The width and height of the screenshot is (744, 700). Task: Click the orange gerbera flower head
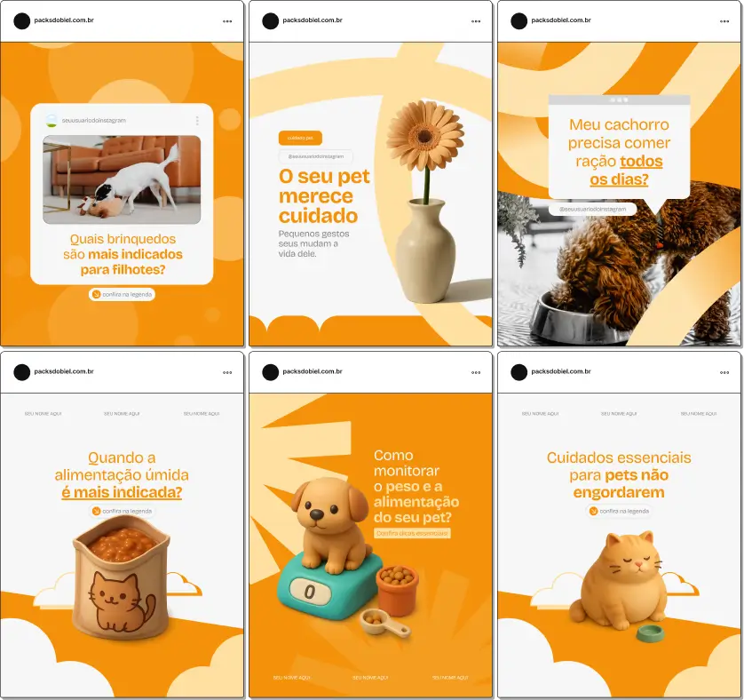424,134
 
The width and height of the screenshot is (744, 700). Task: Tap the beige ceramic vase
425,252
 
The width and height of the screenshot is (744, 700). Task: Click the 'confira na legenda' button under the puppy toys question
122,294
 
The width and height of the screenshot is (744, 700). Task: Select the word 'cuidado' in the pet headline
318,216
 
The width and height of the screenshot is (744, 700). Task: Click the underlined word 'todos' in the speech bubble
641,162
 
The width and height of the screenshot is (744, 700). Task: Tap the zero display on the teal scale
309,592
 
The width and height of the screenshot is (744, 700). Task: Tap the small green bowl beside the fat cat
651,633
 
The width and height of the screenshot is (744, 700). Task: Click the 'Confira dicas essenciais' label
412,533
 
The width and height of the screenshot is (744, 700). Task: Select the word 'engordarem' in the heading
619,492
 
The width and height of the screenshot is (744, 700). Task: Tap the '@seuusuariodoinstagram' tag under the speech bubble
593,210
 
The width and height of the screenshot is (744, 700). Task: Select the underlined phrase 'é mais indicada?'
122,492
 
